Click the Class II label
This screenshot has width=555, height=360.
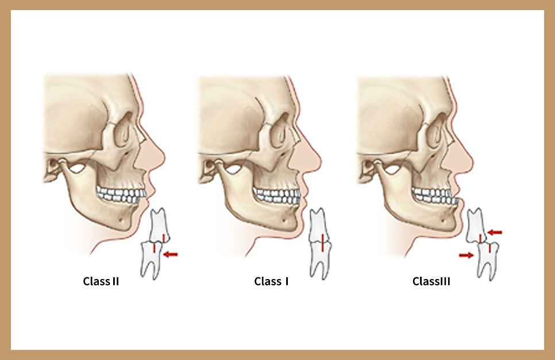click(101, 281)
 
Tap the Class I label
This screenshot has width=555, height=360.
click(272, 281)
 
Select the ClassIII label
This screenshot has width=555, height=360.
click(431, 281)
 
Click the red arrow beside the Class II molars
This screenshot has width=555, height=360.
click(171, 254)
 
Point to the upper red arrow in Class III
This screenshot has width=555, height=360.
click(495, 233)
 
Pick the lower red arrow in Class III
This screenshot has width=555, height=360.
click(466, 255)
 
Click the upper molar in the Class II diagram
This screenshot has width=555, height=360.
click(159, 226)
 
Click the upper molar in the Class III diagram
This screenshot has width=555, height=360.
click(476, 226)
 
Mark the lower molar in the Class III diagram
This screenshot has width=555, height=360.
click(488, 261)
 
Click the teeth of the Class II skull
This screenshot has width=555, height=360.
click(121, 196)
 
